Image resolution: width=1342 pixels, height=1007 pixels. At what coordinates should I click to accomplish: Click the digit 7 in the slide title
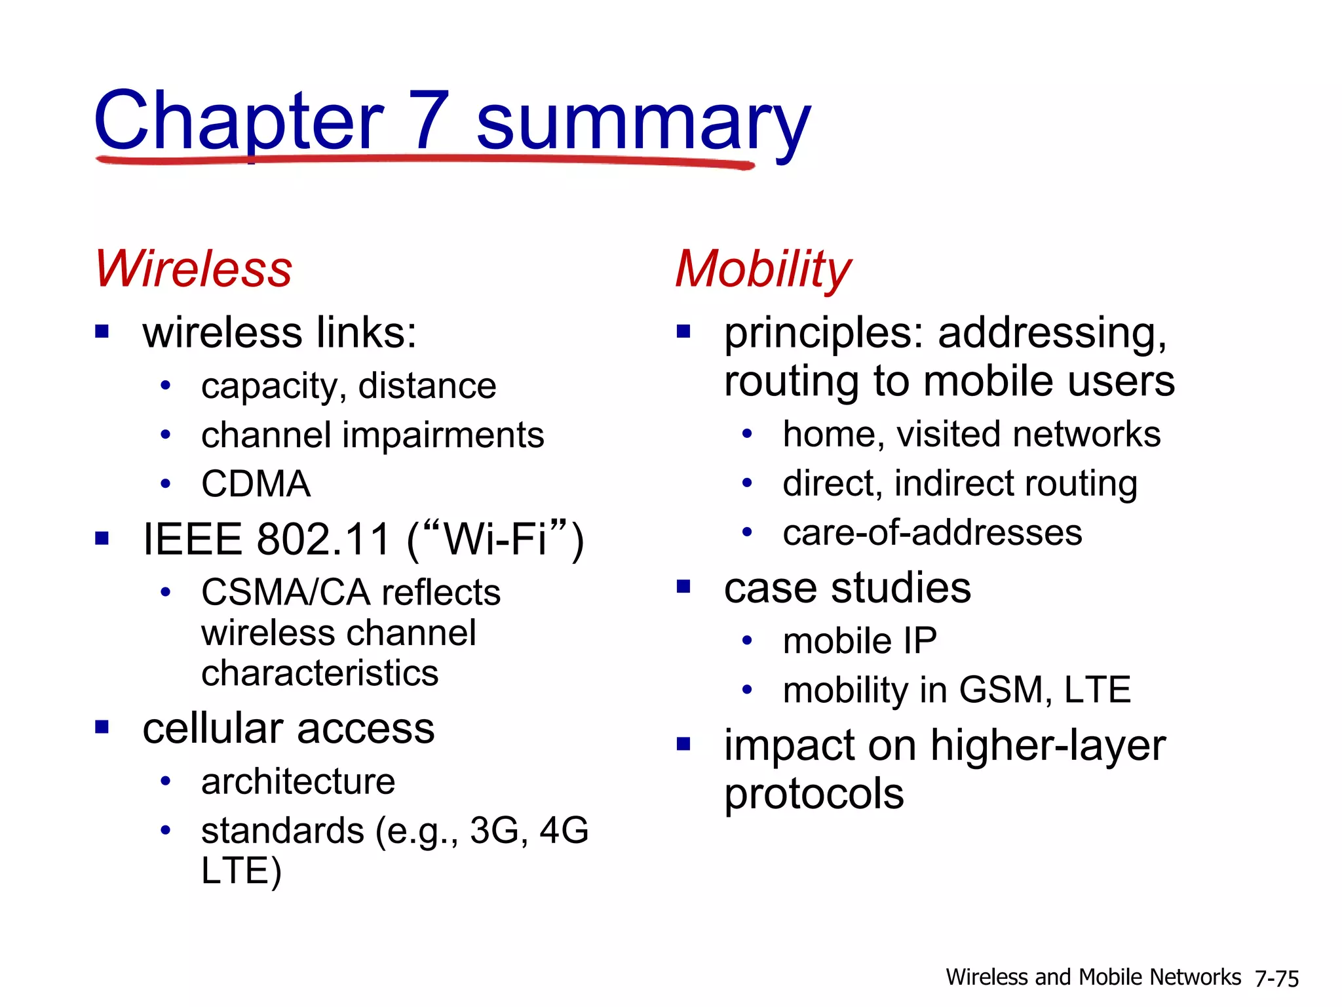429,121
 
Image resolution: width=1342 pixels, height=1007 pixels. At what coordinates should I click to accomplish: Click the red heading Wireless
193,269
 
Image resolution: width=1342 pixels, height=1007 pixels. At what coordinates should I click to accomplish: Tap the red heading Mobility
763,269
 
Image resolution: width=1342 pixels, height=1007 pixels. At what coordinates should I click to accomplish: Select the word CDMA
256,484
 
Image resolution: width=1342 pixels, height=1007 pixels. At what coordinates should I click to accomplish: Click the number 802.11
323,540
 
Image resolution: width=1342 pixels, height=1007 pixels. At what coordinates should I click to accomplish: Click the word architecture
298,781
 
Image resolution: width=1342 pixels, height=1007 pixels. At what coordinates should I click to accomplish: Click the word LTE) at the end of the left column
241,871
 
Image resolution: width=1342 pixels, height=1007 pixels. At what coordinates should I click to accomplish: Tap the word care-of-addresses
932,532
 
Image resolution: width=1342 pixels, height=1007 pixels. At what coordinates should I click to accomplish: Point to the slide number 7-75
1276,978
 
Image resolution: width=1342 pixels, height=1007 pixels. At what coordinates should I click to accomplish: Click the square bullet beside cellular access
102,727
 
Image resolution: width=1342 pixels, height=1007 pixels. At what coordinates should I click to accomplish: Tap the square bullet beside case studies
683,586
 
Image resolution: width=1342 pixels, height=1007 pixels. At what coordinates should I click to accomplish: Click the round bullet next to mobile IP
747,641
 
